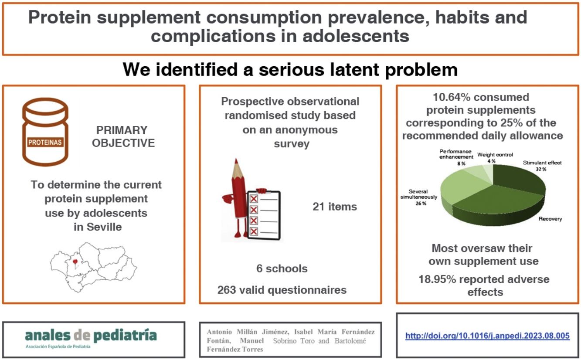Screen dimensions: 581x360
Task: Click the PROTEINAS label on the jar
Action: pos(45,143)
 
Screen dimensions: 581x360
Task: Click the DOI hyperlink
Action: pos(487,336)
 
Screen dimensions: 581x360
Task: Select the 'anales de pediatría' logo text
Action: pos(91,335)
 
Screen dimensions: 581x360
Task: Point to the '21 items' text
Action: pos(335,207)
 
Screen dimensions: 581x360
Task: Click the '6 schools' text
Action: pos(282,269)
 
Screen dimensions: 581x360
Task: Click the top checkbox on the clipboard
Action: pos(254,199)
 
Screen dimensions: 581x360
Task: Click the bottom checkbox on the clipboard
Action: pos(254,231)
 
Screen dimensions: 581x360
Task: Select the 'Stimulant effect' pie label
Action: pos(542,163)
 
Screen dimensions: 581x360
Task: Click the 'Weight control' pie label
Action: pos(495,155)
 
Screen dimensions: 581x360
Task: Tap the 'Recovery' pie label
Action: pos(550,219)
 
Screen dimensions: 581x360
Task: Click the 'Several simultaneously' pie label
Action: pos(418,194)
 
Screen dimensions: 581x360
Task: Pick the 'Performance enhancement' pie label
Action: pos(456,154)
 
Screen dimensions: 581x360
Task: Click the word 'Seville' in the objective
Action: pos(104,227)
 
